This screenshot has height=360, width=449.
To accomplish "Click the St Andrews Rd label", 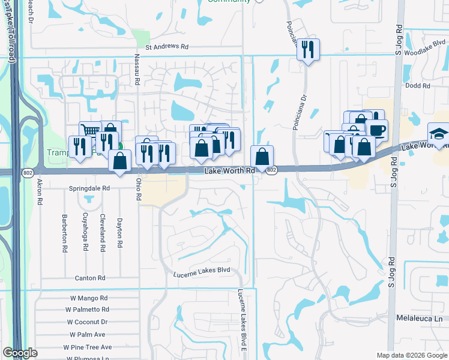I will (x=166, y=46).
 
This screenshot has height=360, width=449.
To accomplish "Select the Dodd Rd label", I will (x=418, y=86).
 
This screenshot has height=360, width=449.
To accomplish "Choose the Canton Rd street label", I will (x=90, y=278).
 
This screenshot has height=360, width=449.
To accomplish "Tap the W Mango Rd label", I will (x=86, y=298).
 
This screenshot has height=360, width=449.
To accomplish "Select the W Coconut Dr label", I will (x=87, y=322).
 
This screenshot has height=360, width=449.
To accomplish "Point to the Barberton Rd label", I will (x=64, y=232).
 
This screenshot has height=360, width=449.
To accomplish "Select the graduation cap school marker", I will (x=438, y=134).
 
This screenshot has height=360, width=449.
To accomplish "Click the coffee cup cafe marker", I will (x=376, y=130).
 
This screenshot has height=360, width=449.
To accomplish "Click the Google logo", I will (x=20, y=353).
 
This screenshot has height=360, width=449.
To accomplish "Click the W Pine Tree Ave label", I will (x=88, y=347).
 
